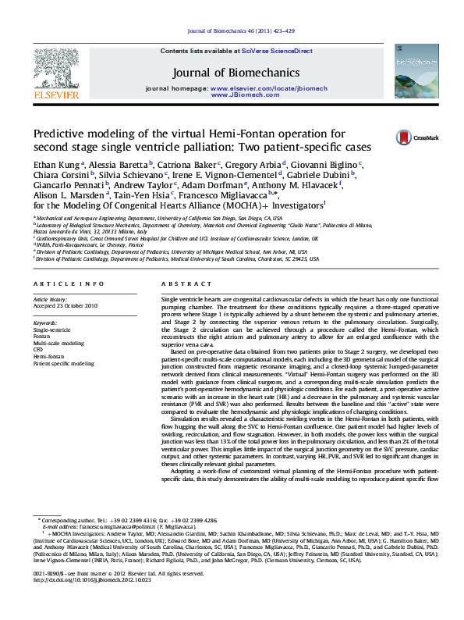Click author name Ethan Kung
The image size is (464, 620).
[x=56, y=166]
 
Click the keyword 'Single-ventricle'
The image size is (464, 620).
[x=51, y=330]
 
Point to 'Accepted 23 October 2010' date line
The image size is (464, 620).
[x=66, y=305]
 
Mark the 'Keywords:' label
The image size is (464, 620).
[x=45, y=322]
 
